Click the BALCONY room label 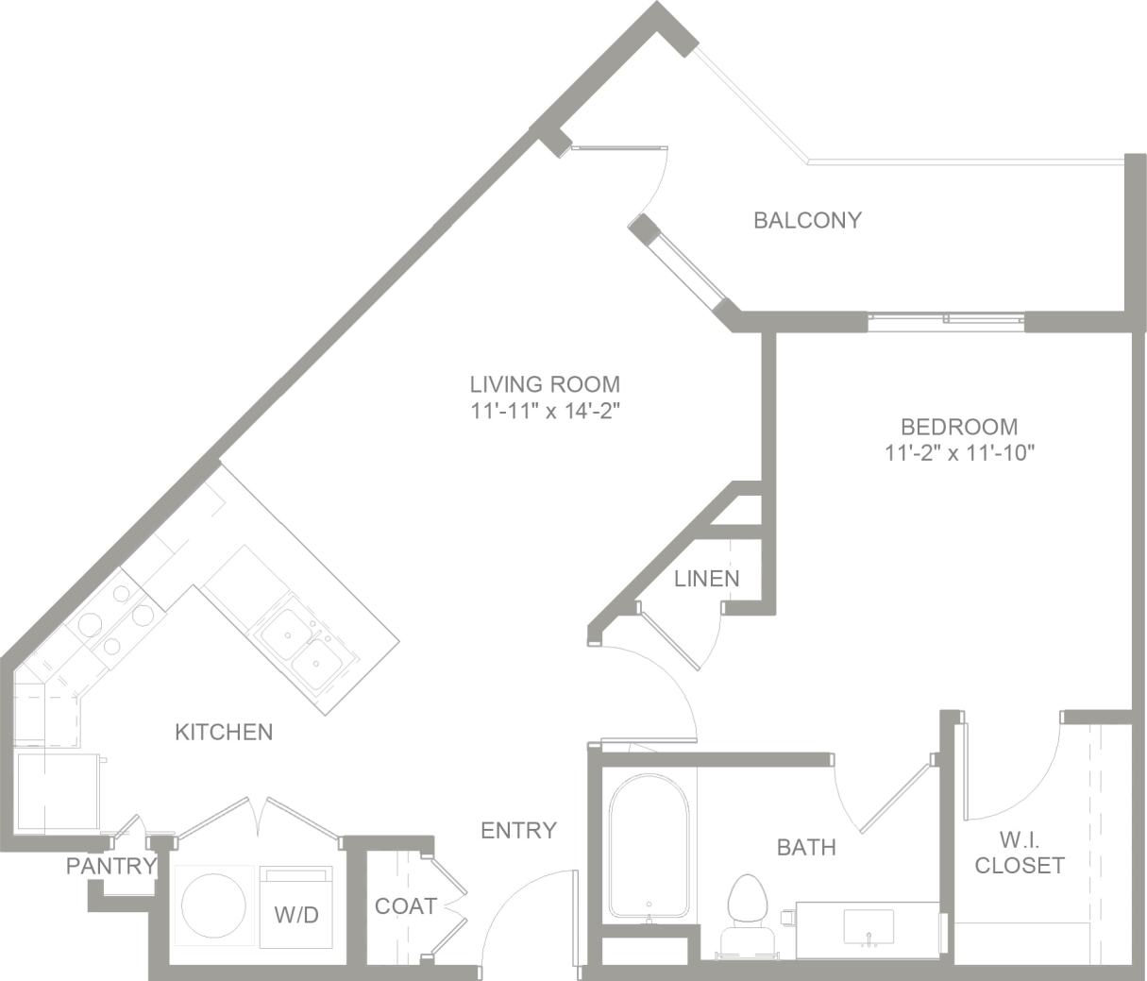(x=807, y=220)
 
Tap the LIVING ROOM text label (x=545, y=384)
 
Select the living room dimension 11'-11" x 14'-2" (x=545, y=411)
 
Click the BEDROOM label (x=958, y=426)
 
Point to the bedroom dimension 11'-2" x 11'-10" (x=960, y=452)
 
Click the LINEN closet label (x=706, y=579)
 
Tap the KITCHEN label (x=224, y=732)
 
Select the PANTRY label (x=110, y=866)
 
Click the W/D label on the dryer (x=296, y=914)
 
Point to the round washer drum (x=214, y=906)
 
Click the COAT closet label (x=406, y=906)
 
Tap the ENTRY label (x=518, y=830)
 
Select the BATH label (x=806, y=847)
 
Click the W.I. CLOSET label (x=1020, y=852)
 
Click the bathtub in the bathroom (x=649, y=845)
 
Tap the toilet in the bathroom (x=748, y=906)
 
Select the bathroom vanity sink (x=868, y=926)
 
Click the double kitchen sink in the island (x=304, y=649)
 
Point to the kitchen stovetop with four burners (x=115, y=619)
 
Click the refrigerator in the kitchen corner (x=58, y=791)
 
